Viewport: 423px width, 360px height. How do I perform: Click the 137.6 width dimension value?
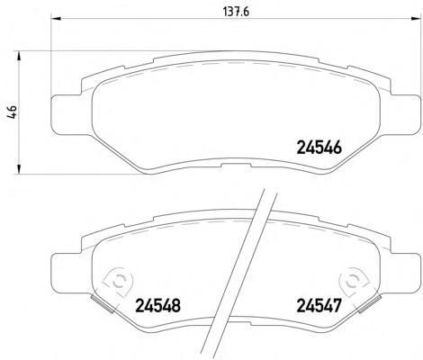(237, 12)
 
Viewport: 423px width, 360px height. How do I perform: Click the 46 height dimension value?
(13, 112)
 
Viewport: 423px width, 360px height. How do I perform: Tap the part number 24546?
(319, 148)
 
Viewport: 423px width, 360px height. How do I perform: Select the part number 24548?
(158, 306)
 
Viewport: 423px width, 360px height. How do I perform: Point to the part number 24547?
(319, 306)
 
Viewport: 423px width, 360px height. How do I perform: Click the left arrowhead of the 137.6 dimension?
(56, 18)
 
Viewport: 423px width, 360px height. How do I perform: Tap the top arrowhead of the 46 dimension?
(19, 56)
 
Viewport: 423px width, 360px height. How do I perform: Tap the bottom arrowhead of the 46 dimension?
(19, 169)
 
